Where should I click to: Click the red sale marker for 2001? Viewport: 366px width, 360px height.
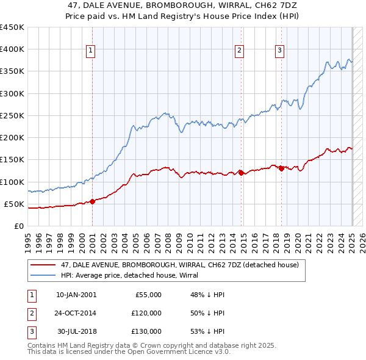[93, 201]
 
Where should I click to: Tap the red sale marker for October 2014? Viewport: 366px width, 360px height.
[241, 173]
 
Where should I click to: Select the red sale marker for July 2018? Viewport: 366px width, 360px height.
[281, 168]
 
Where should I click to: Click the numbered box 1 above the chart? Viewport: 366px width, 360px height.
[90, 51]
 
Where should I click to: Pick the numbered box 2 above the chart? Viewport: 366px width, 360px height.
[240, 51]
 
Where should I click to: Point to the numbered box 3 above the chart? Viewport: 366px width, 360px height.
[280, 51]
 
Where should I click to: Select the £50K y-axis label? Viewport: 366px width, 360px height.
[14, 204]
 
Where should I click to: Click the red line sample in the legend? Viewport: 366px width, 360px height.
[43, 265]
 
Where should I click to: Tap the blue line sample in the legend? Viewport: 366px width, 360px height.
[43, 275]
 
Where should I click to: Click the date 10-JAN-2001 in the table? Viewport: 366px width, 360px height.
[76, 295]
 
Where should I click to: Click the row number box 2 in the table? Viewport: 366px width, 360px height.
[31, 313]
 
